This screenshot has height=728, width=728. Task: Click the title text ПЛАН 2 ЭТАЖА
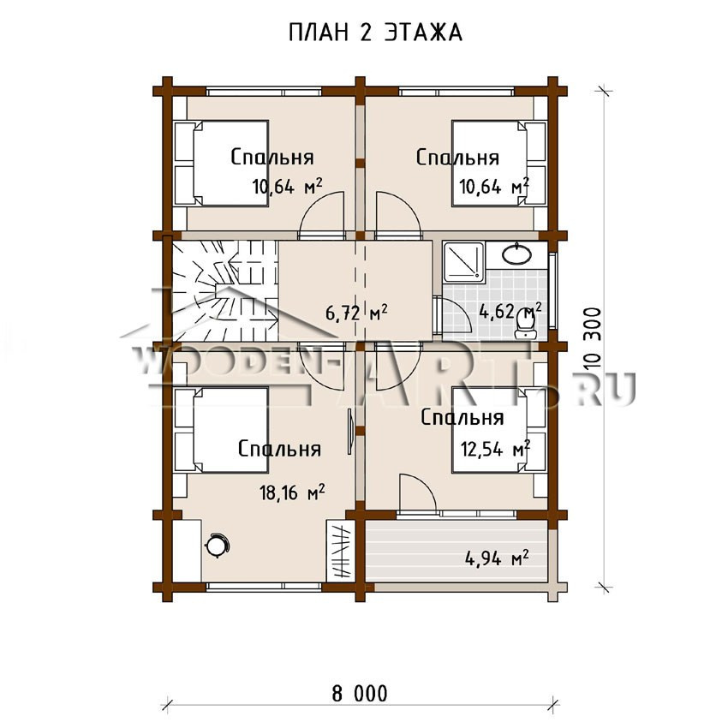pos(375,33)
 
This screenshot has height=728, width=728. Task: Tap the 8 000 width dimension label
pos(360,694)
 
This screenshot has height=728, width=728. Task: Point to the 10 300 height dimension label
pos(594,338)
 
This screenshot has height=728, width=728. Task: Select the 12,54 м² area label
pos(495,449)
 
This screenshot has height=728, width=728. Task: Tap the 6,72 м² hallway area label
pos(356,313)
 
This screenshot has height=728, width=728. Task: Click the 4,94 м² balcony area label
pos(496,558)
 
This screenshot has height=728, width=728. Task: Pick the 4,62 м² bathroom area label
pos(510,312)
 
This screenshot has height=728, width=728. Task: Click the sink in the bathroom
pos(516,254)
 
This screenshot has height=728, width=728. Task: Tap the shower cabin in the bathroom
pos(464,262)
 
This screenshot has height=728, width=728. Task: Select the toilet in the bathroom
pos(526,323)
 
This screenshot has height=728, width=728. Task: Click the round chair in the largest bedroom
pos(217,546)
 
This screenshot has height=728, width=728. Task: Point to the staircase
pos(225,291)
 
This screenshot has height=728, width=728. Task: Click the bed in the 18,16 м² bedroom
pos(221,430)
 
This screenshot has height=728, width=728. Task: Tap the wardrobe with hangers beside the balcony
pos(341,551)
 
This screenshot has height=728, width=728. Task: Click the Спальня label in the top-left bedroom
pos(272,158)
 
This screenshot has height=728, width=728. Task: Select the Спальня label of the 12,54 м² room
pos(462,418)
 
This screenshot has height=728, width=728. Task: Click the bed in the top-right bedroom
pos(499,163)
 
